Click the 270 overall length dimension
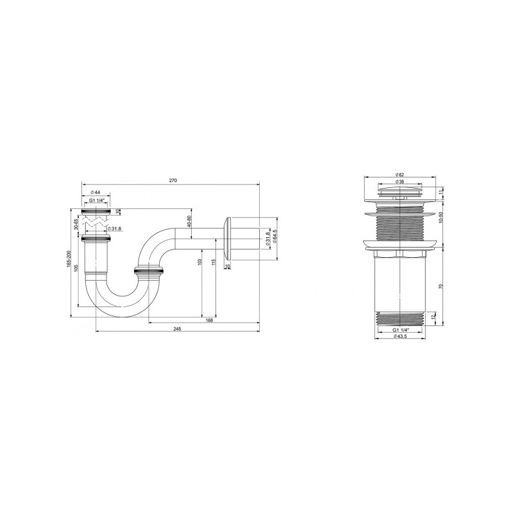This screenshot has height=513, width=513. pos(172,181)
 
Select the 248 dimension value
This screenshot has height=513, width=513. pos(178,329)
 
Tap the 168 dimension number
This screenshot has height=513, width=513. pos(209,321)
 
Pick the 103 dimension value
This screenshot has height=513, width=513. pos(201,263)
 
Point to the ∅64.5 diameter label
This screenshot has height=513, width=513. pos(275,237)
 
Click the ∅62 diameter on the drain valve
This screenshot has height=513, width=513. pos(399,175)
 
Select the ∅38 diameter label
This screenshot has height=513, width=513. pos(399,182)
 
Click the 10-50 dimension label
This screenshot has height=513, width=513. pos(440,217)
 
